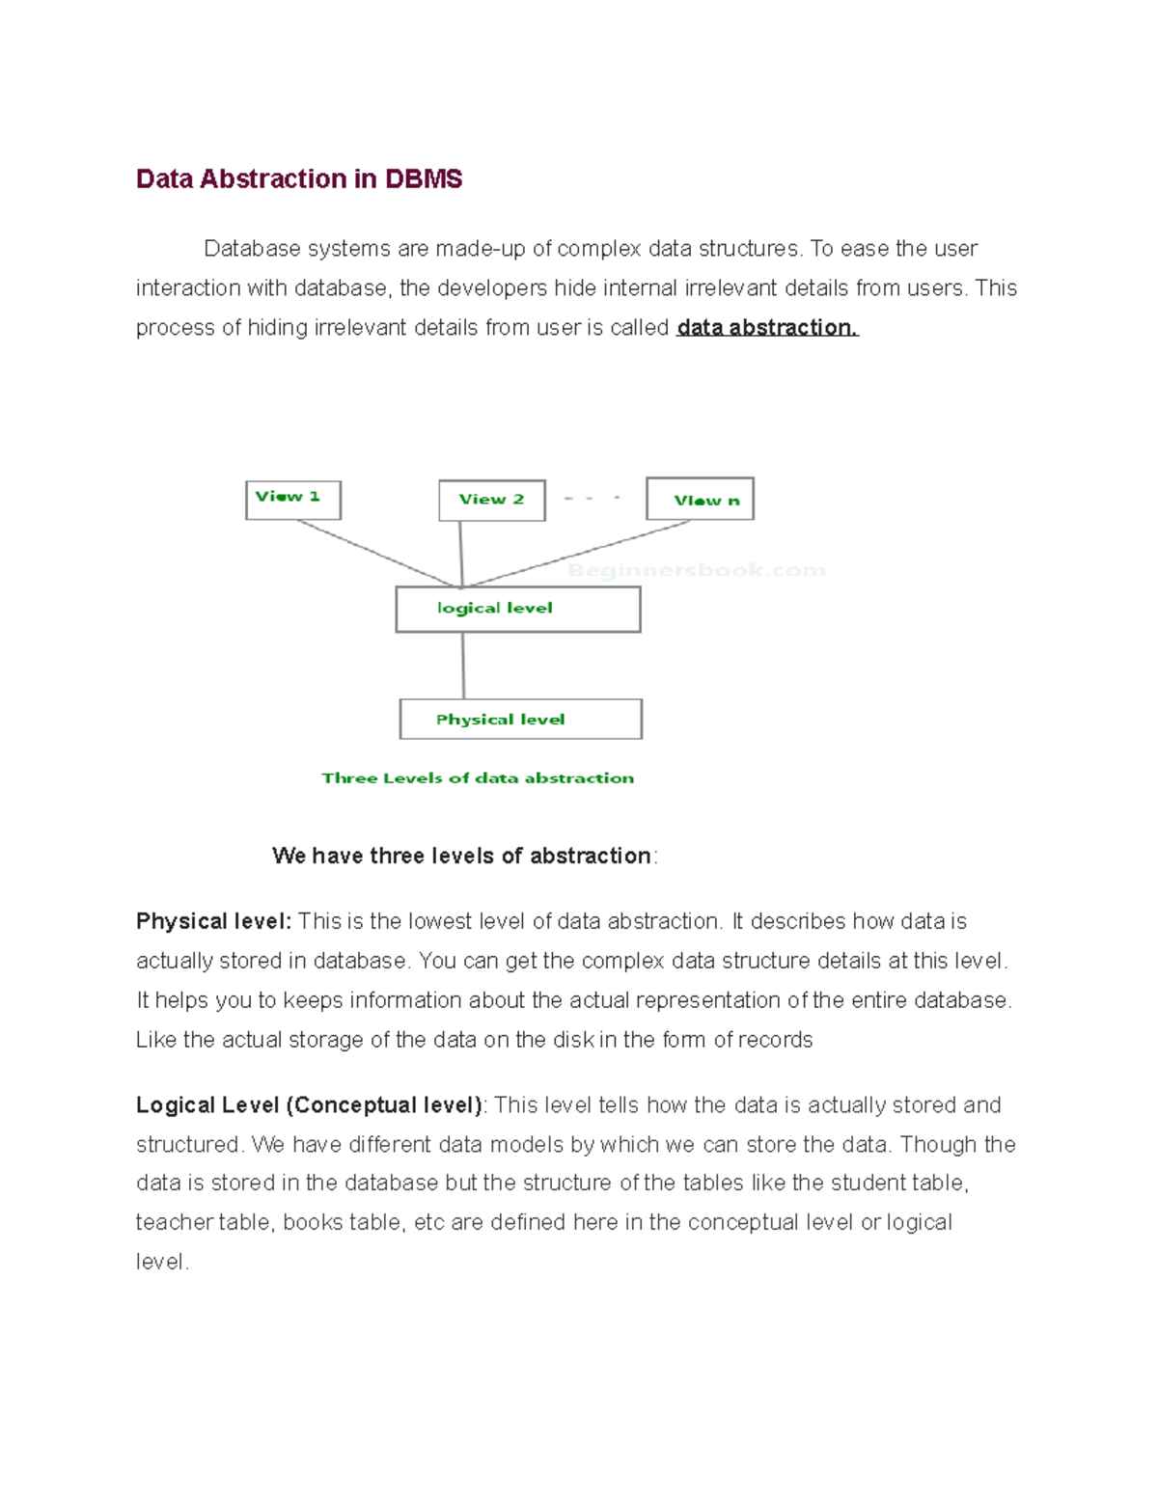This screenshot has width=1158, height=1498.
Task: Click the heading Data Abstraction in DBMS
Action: pos(298,179)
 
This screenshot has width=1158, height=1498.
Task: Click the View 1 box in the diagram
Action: pos(292,500)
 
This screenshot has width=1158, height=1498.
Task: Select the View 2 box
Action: pos(491,500)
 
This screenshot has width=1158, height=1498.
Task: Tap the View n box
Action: pos(700,500)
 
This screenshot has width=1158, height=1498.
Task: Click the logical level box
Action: pos(517,610)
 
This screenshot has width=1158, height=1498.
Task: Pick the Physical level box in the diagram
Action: pos(520,720)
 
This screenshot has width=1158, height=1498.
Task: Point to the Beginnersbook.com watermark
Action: pos(696,570)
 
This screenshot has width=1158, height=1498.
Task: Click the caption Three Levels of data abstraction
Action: pos(478,778)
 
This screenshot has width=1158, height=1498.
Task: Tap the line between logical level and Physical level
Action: pos(463,666)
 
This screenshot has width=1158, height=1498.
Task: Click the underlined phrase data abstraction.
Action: pos(766,328)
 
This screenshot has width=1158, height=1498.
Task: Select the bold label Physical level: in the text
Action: pos(213,921)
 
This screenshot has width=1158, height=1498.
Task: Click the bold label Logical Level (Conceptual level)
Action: pos(309,1105)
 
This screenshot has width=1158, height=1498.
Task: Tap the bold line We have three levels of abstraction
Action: pos(461,857)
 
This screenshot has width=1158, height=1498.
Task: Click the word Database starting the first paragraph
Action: pos(252,249)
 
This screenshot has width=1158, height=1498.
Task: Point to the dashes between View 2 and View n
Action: pos(591,499)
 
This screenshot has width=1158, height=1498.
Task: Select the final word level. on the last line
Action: pos(161,1263)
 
